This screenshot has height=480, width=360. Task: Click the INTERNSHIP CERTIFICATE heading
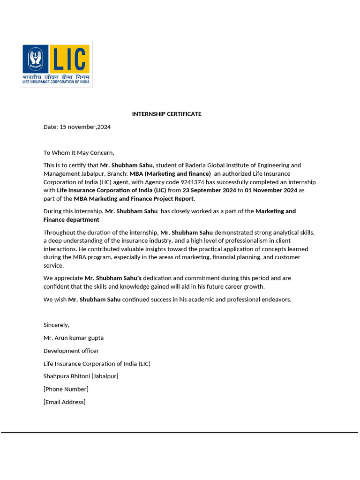click(x=166, y=114)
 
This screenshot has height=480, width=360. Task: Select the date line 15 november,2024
click(x=77, y=127)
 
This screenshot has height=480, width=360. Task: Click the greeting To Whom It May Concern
click(x=79, y=152)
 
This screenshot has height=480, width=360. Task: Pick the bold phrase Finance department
click(x=71, y=219)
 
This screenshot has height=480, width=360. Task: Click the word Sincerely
click(x=56, y=325)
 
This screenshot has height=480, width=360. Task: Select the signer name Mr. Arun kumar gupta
click(x=74, y=337)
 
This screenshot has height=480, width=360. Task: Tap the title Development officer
click(x=71, y=351)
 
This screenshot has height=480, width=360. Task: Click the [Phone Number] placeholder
click(x=66, y=389)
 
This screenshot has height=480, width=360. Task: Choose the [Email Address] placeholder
click(x=64, y=402)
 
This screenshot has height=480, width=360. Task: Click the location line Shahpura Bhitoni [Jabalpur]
click(x=81, y=376)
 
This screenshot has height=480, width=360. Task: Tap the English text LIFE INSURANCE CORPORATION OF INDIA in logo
click(x=56, y=82)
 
